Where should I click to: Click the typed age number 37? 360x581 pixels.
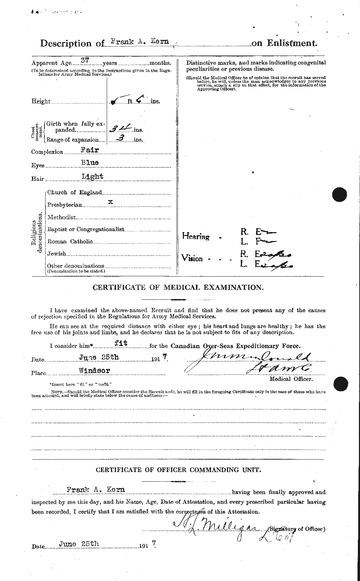(x=84, y=61)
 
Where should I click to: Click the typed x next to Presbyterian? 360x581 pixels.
(x=111, y=202)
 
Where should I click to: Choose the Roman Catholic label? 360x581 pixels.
(x=70, y=241)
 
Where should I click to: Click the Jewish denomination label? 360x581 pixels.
(x=57, y=253)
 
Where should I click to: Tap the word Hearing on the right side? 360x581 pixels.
(x=196, y=236)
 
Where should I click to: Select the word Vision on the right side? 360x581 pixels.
(x=192, y=258)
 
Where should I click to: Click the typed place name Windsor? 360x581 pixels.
(x=95, y=370)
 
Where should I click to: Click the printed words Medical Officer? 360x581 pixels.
(x=291, y=379)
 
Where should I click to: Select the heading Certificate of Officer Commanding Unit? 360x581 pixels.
(x=178, y=470)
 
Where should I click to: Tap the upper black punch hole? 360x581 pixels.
(x=340, y=195)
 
